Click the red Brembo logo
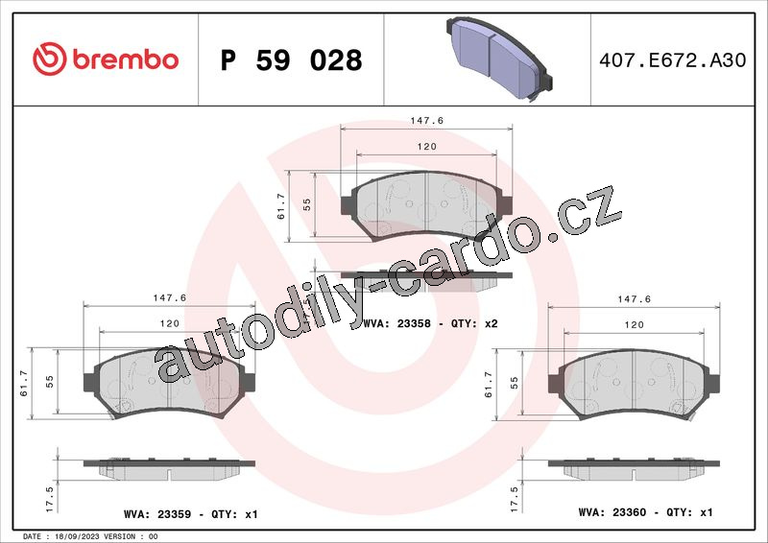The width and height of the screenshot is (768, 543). [106, 59]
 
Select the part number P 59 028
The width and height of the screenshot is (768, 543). [291, 60]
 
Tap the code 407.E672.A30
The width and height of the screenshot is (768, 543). [673, 59]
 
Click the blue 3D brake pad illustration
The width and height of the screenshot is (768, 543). [499, 59]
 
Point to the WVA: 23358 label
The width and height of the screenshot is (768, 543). [396, 323]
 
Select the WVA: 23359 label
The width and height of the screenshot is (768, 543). [157, 514]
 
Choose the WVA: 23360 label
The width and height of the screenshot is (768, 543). [612, 512]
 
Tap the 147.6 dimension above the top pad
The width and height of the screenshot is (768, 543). [426, 121]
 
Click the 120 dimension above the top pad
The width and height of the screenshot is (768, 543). [426, 147]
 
